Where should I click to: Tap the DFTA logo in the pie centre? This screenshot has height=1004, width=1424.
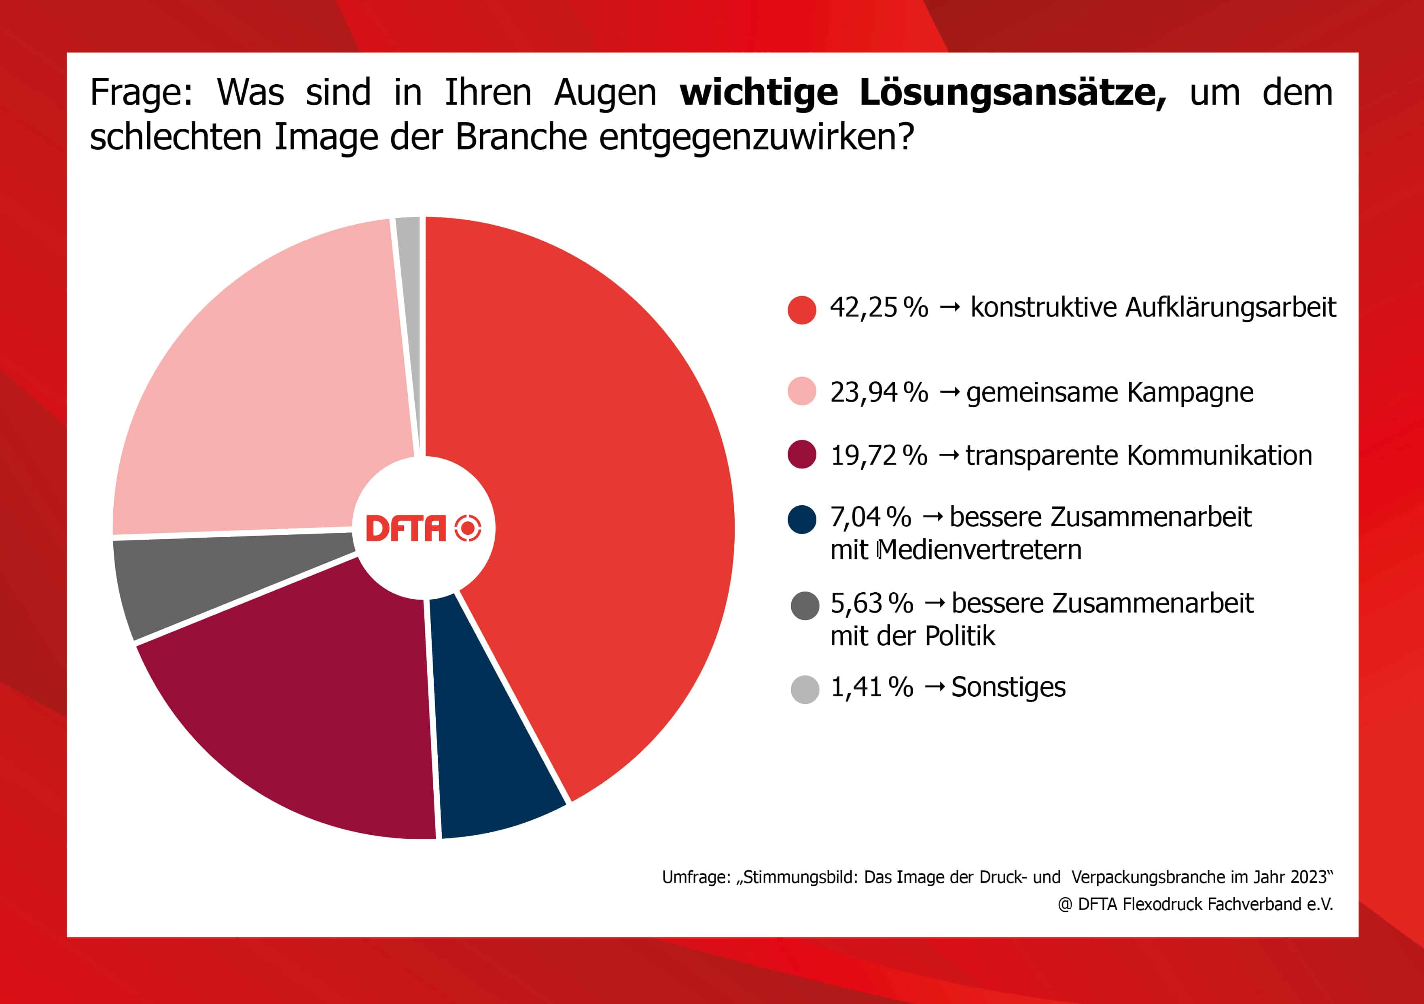[x=423, y=528]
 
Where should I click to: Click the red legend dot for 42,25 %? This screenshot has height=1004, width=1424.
[x=801, y=310]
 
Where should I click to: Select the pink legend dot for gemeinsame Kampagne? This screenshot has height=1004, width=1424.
[x=801, y=391]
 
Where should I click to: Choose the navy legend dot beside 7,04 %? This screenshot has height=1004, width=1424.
[x=801, y=519]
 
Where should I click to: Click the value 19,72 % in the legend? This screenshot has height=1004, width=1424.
[x=878, y=455]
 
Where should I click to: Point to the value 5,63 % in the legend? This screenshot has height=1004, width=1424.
[x=871, y=603]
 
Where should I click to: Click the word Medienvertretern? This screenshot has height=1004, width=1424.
[x=979, y=550]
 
